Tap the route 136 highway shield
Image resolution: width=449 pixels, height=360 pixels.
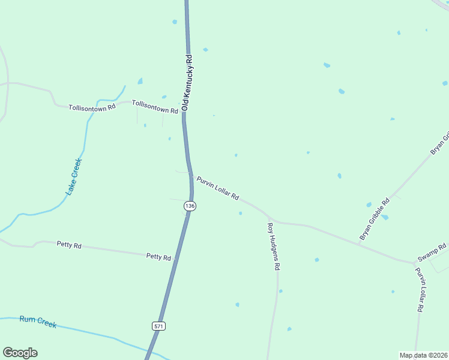[x=190, y=206]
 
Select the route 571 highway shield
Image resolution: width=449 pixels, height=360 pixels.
[x=158, y=326]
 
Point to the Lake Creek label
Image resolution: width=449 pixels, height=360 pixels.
[x=73, y=176]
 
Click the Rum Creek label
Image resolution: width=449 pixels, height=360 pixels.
[x=38, y=322]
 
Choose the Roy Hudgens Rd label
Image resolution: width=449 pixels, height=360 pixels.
[x=274, y=245]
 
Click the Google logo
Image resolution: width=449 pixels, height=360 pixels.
[x=20, y=352]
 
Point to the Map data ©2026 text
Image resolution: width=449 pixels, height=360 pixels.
[x=424, y=355]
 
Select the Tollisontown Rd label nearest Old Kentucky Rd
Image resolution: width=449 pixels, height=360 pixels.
[x=155, y=107]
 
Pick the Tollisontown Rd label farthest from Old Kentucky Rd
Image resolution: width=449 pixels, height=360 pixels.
[x=91, y=108]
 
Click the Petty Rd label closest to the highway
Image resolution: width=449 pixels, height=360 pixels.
[x=158, y=256]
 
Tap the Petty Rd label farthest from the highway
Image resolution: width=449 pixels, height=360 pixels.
[x=69, y=244]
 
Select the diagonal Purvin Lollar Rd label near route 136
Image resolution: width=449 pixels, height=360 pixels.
[x=218, y=188]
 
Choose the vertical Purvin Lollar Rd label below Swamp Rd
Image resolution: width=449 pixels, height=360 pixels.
[x=422, y=289]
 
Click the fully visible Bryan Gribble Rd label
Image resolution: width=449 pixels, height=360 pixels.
[x=375, y=219]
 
